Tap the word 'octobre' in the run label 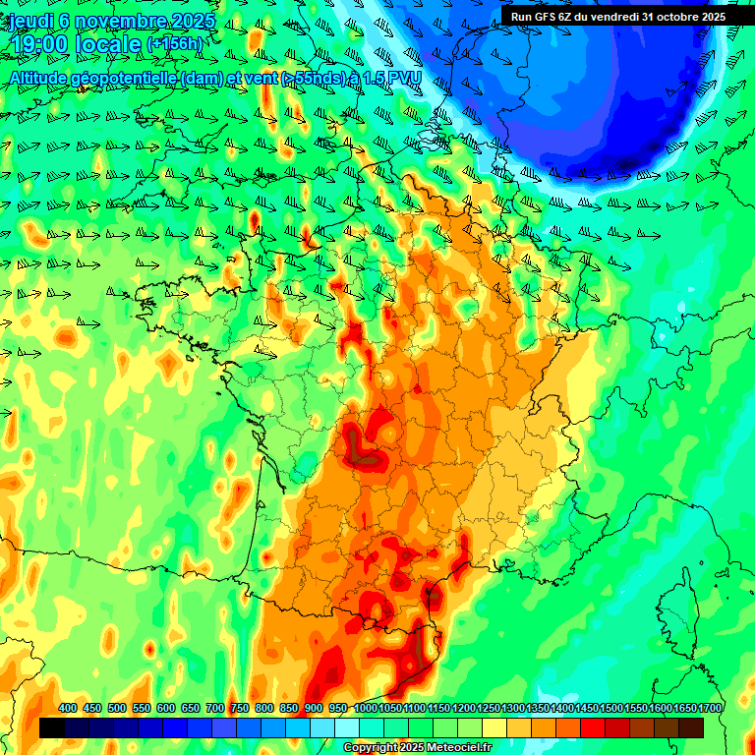[677, 16]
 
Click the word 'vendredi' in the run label [614, 16]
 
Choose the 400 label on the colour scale [68, 708]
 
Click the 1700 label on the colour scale [710, 708]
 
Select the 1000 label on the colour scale [366, 708]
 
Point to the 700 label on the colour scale [215, 708]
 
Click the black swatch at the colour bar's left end [52, 727]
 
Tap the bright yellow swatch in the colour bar [494, 727]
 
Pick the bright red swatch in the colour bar [593, 727]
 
